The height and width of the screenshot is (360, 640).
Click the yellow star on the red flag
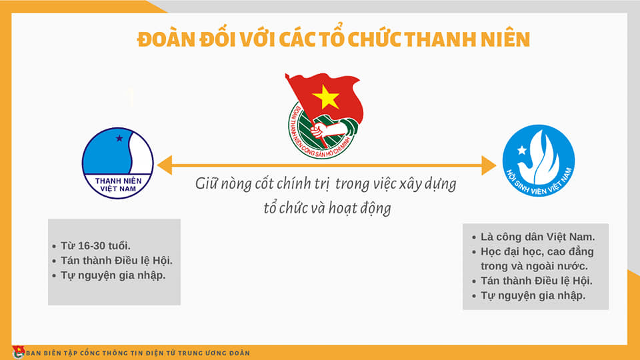[325, 97]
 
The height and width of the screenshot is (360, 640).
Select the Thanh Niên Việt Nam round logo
[118, 163]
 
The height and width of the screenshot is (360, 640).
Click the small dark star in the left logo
[119, 139]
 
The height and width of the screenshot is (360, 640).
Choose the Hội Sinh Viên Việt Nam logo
[539, 161]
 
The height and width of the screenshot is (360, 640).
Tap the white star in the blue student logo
[522, 150]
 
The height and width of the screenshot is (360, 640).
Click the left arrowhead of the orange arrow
[165, 165]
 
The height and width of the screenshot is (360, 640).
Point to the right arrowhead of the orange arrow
[489, 165]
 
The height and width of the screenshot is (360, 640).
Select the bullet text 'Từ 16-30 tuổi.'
[95, 246]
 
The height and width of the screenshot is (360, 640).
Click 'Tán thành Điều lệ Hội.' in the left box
[116, 261]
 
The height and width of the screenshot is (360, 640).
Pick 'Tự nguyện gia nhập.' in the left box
[113, 275]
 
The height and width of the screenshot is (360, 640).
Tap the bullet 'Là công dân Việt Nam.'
[537, 237]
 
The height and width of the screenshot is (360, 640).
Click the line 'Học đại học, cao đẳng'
[537, 252]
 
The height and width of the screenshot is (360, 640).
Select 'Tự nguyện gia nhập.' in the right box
[533, 295]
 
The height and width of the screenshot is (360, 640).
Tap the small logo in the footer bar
[19, 352]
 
